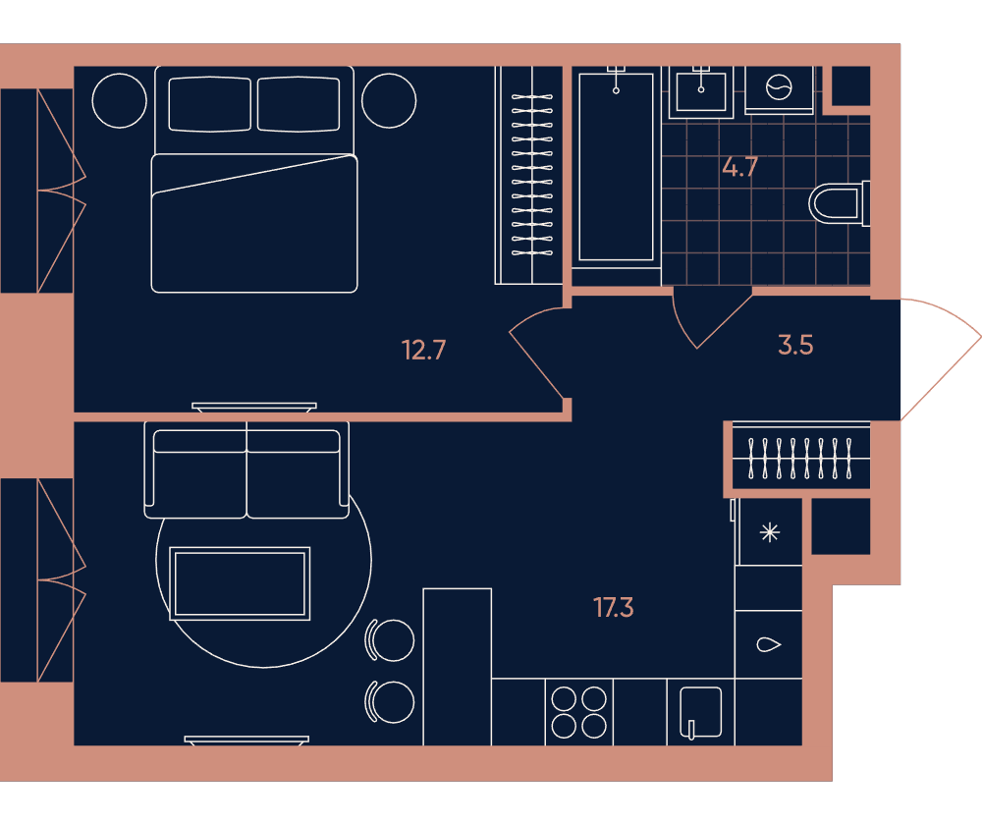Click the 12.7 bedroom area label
423,351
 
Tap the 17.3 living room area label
613,608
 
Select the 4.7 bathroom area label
740,167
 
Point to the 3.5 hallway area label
795,345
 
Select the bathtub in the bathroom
617,167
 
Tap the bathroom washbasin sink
701,91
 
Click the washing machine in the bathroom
779,89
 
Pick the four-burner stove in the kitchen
578,712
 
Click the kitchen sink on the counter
701,712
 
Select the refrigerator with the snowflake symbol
770,533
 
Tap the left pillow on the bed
210,104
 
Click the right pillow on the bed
299,104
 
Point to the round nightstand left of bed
120,100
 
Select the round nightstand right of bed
389,100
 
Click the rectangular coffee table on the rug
240,583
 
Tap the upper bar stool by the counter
390,640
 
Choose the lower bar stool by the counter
390,701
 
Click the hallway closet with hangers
801,459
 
